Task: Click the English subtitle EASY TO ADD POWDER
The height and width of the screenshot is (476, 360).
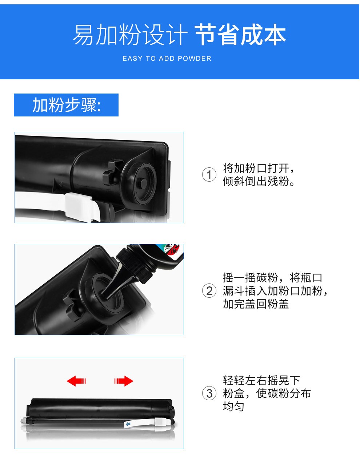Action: click(167, 58)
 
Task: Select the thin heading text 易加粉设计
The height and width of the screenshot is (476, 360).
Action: click(130, 35)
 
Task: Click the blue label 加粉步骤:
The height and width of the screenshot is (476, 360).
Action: click(67, 105)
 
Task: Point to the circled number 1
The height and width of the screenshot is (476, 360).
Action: click(209, 175)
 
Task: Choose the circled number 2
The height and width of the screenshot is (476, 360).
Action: click(209, 291)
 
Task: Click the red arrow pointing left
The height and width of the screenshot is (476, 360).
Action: click(76, 381)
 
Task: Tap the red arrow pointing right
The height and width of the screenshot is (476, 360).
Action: click(124, 381)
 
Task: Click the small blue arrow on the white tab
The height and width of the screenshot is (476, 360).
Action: click(128, 424)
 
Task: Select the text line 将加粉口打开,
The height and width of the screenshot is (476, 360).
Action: click(259, 168)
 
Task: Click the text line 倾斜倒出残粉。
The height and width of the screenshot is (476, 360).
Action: click(259, 181)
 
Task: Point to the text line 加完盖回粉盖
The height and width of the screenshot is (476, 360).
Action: click(256, 304)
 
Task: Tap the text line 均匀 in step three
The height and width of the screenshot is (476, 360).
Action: click(233, 406)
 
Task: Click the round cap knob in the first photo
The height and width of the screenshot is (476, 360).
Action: click(143, 183)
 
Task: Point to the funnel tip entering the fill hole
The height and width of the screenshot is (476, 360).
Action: click(106, 293)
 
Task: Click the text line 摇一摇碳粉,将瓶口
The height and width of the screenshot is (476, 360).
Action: click(272, 278)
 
